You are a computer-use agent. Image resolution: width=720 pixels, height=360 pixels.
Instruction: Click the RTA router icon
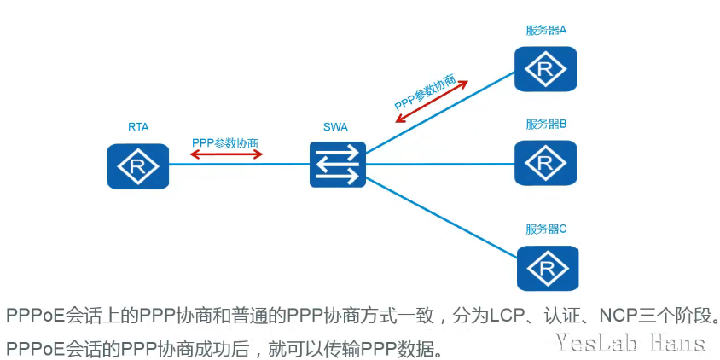[x=138, y=166]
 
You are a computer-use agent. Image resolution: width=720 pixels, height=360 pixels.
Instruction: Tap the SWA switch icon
[x=337, y=165]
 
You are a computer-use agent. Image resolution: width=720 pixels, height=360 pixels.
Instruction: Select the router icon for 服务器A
[x=545, y=69]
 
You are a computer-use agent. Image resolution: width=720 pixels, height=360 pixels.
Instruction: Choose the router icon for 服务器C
[x=545, y=268]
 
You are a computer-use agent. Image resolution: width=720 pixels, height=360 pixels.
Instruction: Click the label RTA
[x=138, y=127]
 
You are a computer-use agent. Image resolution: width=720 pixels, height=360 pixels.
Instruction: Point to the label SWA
[x=335, y=127]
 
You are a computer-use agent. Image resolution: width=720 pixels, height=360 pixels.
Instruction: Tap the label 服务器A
[x=546, y=31]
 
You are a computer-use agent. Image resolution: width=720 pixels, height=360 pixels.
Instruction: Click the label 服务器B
[x=546, y=124]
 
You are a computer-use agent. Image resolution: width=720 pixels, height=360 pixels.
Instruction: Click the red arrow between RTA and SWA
[x=226, y=154]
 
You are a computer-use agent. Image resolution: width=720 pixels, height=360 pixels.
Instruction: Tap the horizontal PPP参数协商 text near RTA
[x=225, y=142]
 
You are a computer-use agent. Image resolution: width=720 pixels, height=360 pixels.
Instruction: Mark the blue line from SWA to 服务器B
[x=439, y=164]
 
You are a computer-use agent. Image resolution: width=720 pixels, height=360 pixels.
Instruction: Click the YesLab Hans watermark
[x=630, y=344]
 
